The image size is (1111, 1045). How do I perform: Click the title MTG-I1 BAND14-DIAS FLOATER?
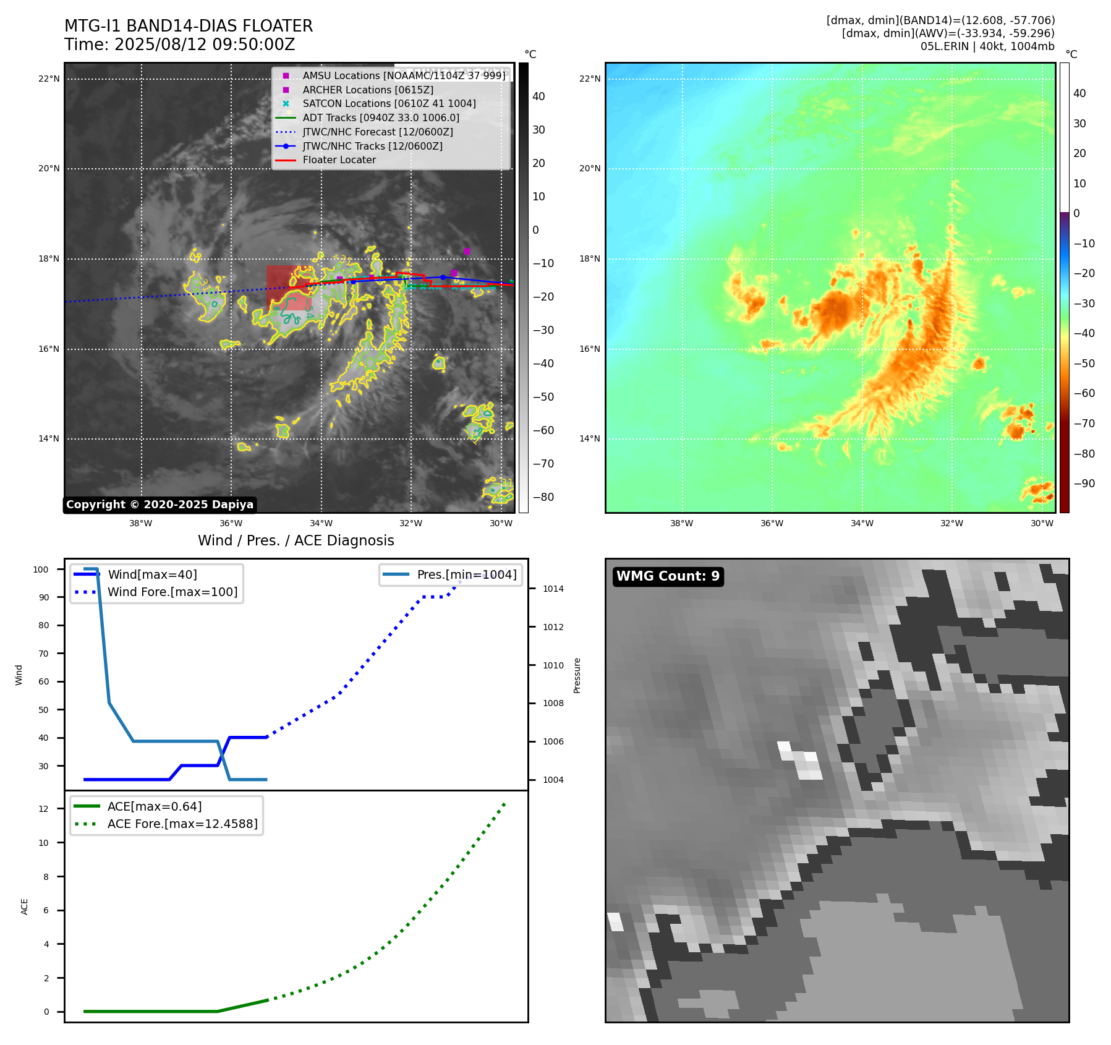(189, 26)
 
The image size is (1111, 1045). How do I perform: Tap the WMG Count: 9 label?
(668, 576)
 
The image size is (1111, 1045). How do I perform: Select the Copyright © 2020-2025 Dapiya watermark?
(160, 505)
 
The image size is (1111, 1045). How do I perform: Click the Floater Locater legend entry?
(339, 160)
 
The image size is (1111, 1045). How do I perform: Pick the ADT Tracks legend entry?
(380, 117)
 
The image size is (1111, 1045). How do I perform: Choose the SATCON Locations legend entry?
(389, 104)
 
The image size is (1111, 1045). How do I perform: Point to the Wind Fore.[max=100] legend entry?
(172, 592)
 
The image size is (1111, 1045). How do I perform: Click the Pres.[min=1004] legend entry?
(466, 574)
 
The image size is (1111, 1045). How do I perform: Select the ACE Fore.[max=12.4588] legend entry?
(182, 824)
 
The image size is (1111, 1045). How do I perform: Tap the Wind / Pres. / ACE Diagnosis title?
(296, 540)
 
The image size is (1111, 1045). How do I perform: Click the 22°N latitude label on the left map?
(49, 79)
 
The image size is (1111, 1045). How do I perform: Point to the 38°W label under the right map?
(681, 523)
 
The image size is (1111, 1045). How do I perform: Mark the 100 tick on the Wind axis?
(41, 569)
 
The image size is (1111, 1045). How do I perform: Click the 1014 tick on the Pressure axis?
(553, 589)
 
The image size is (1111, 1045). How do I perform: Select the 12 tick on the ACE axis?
(43, 809)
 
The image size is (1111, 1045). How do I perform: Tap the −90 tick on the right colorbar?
(1084, 484)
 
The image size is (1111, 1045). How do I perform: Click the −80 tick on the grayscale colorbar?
(543, 497)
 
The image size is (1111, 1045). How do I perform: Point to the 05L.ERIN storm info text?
(987, 46)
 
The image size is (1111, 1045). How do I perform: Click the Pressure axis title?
(577, 675)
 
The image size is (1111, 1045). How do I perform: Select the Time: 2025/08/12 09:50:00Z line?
(179, 45)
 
